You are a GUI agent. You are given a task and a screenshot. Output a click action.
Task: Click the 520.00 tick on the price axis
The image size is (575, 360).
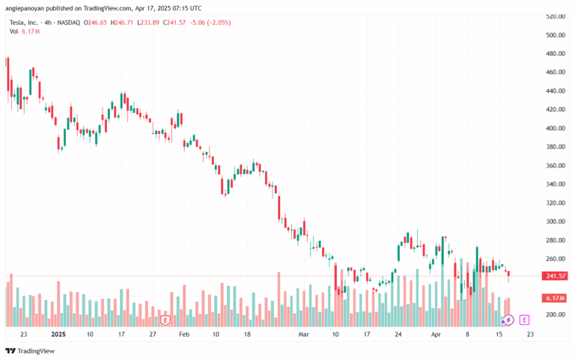click(554, 16)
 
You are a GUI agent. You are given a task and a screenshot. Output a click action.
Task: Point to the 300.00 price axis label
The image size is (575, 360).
click(554, 222)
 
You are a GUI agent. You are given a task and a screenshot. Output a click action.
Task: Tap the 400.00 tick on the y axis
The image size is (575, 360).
click(554, 129)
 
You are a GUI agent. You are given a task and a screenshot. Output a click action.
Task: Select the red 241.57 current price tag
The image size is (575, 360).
click(555, 276)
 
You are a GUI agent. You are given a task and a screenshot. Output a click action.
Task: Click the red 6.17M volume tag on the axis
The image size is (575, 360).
click(555, 299)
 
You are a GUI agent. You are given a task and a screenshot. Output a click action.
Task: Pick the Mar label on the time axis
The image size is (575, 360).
click(303, 335)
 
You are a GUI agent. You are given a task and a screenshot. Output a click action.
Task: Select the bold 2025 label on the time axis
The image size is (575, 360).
click(58, 335)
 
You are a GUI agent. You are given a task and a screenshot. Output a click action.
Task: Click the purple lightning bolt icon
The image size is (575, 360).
click(508, 320)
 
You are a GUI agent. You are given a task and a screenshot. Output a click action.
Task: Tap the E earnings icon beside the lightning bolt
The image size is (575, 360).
click(524, 320)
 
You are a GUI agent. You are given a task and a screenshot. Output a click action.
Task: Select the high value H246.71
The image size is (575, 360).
click(131, 22)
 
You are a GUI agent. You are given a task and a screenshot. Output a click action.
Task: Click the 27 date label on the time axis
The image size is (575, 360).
click(151, 335)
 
